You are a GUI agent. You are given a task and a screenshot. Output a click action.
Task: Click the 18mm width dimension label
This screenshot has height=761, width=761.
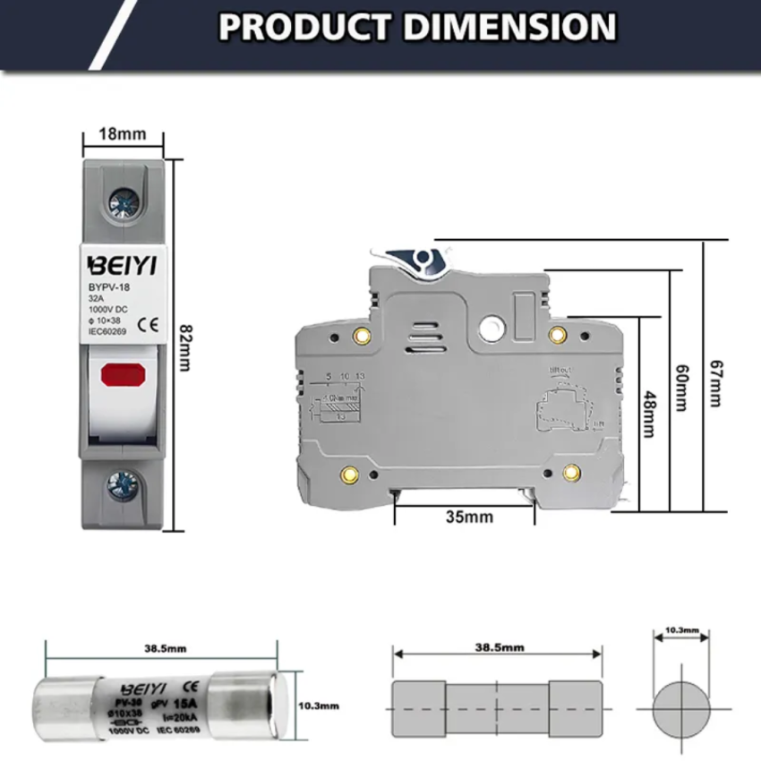[x=123, y=134]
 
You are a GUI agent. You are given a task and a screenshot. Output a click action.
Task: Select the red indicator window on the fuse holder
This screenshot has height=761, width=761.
[x=122, y=372]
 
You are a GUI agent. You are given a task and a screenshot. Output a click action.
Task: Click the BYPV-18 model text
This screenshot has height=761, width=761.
[x=109, y=288]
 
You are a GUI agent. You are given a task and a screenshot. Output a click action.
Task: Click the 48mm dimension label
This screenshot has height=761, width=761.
[x=650, y=417]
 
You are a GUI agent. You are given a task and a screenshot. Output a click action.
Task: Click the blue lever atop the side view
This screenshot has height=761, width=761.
[x=421, y=261]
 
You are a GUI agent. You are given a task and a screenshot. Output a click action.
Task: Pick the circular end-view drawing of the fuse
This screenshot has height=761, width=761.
[x=680, y=708]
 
